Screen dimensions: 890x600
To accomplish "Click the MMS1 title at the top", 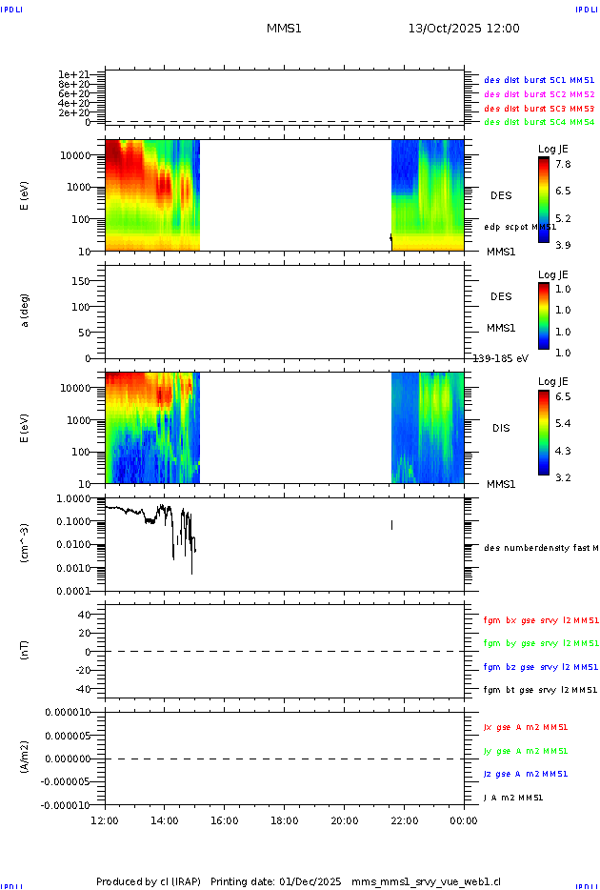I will (x=284, y=29).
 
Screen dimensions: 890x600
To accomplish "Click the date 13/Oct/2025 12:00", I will (x=464, y=29).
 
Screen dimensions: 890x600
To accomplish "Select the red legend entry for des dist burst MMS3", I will (x=539, y=108).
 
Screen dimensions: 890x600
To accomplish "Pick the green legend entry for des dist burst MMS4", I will (x=539, y=122).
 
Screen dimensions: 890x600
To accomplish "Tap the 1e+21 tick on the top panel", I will (x=73, y=74).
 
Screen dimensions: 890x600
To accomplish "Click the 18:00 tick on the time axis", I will (x=284, y=819).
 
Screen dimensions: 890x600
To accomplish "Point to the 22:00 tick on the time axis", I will (x=404, y=819).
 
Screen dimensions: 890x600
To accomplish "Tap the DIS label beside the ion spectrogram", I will (x=501, y=428).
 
